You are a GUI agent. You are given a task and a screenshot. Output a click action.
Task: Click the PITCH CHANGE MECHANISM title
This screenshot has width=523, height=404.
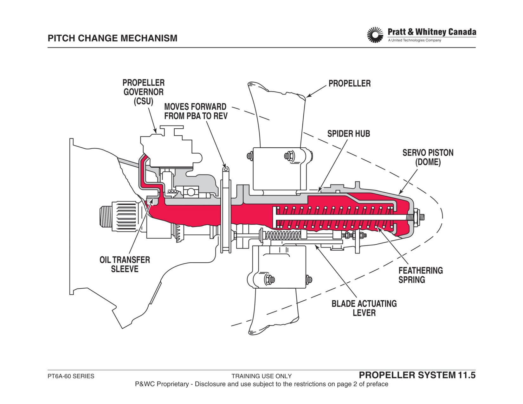[113, 38]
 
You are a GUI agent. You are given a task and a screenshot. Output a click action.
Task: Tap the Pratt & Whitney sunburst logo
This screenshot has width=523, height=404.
[375, 35]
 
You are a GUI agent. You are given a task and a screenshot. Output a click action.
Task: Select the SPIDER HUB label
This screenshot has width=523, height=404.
[348, 134]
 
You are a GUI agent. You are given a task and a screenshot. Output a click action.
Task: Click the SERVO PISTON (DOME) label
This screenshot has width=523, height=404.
[428, 157]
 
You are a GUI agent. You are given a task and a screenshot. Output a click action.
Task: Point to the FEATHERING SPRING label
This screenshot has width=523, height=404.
[421, 275]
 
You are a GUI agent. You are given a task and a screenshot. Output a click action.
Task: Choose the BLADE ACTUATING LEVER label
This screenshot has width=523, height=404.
[364, 308]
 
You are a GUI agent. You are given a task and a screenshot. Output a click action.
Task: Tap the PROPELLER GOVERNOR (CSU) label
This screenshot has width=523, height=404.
[144, 92]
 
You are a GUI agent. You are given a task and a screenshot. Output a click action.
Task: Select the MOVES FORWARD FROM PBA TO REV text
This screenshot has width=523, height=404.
[196, 111]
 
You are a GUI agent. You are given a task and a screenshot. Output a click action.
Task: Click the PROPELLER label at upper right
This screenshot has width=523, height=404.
[350, 84]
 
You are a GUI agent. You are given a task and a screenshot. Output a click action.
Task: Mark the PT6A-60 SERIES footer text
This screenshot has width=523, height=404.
[71, 376]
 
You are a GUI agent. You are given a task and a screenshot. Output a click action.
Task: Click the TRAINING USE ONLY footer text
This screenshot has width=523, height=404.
[261, 376]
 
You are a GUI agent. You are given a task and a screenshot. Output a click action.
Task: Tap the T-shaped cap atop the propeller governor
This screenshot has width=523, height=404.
[171, 130]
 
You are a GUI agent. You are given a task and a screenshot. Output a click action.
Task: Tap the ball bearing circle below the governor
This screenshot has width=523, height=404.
[191, 192]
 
